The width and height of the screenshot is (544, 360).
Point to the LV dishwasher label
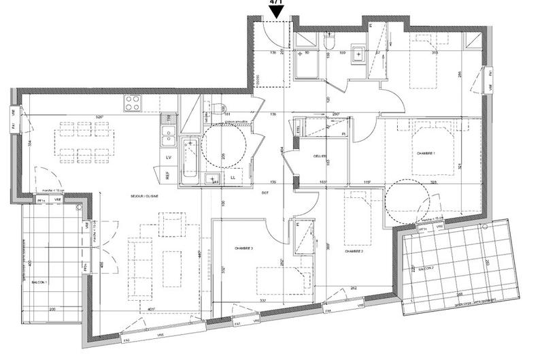pos(167,157)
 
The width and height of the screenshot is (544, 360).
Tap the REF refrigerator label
pos(167,175)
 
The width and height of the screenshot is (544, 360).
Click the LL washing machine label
pos(233,178)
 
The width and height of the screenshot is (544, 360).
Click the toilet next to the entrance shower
pos(329,44)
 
